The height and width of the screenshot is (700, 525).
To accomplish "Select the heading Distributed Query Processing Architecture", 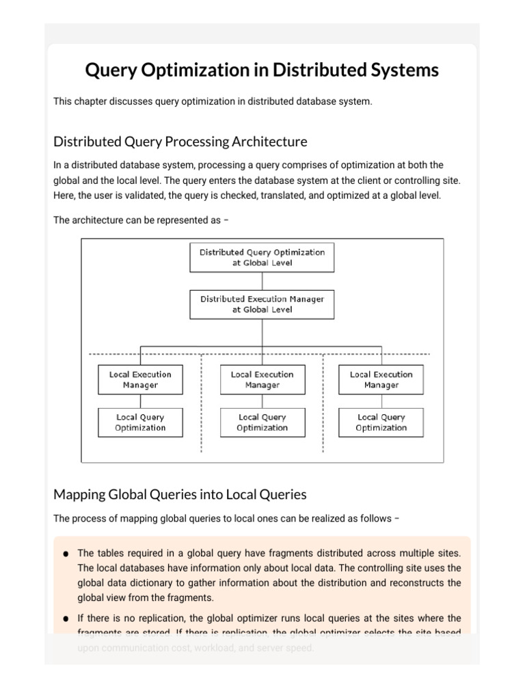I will tap(180, 142).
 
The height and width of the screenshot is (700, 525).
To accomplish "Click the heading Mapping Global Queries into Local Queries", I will tap(180, 494).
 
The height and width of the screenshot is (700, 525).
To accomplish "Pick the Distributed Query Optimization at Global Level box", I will tap(262, 257).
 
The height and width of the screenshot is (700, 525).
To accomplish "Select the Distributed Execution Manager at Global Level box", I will tap(262, 304).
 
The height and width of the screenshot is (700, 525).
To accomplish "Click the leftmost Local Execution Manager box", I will tap(140, 379).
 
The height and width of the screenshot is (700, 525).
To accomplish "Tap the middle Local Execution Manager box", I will tap(262, 379).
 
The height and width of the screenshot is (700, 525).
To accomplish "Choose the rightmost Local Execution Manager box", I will tap(381, 379).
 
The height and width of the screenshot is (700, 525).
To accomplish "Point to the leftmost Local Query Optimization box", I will tap(140, 422).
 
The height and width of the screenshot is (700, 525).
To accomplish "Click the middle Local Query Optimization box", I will tap(262, 422).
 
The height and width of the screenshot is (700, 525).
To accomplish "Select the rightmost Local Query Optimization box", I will tap(381, 422).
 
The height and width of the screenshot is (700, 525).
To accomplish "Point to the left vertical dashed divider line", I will tap(201, 410).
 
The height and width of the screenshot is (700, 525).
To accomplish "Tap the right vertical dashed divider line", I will tap(323, 410).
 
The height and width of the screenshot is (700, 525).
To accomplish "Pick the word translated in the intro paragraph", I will tap(301, 195).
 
